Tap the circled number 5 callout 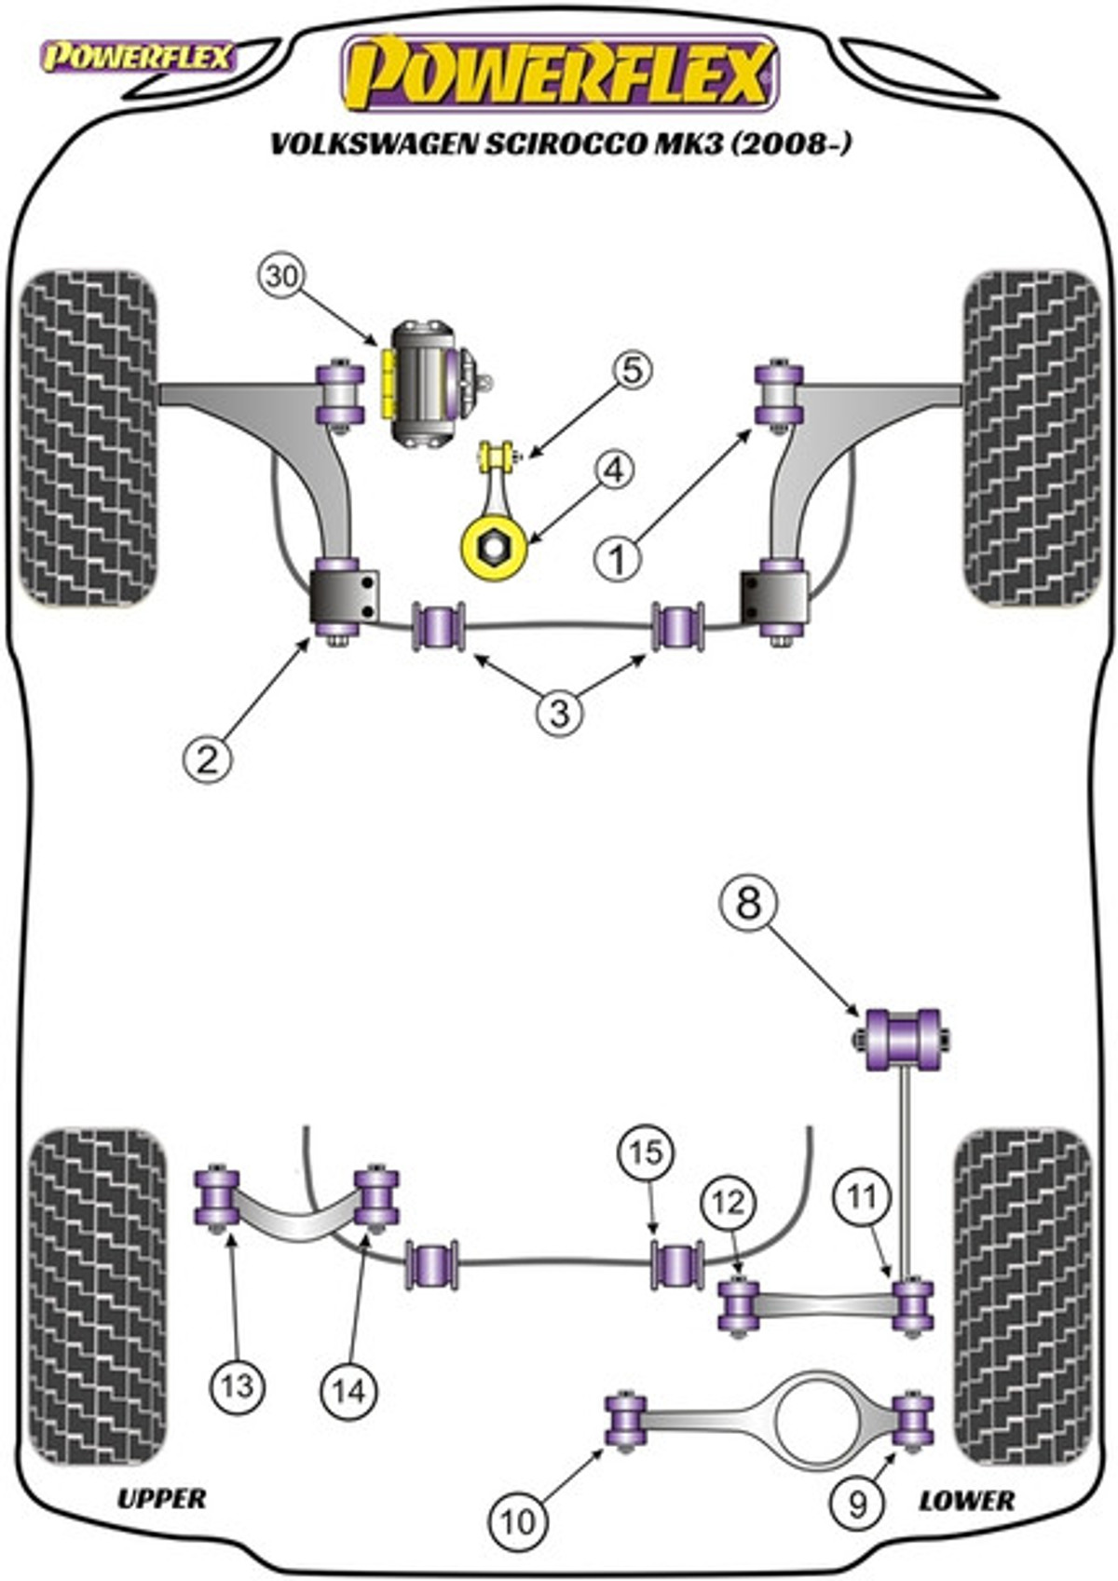click(x=632, y=371)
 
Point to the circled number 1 click(x=617, y=559)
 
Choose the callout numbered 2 click(x=207, y=760)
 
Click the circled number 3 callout click(x=559, y=713)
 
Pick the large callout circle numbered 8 click(x=749, y=903)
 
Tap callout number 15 click(x=646, y=1152)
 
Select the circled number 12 click(x=728, y=1202)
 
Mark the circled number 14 click(x=349, y=1390)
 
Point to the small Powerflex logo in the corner click(x=138, y=58)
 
